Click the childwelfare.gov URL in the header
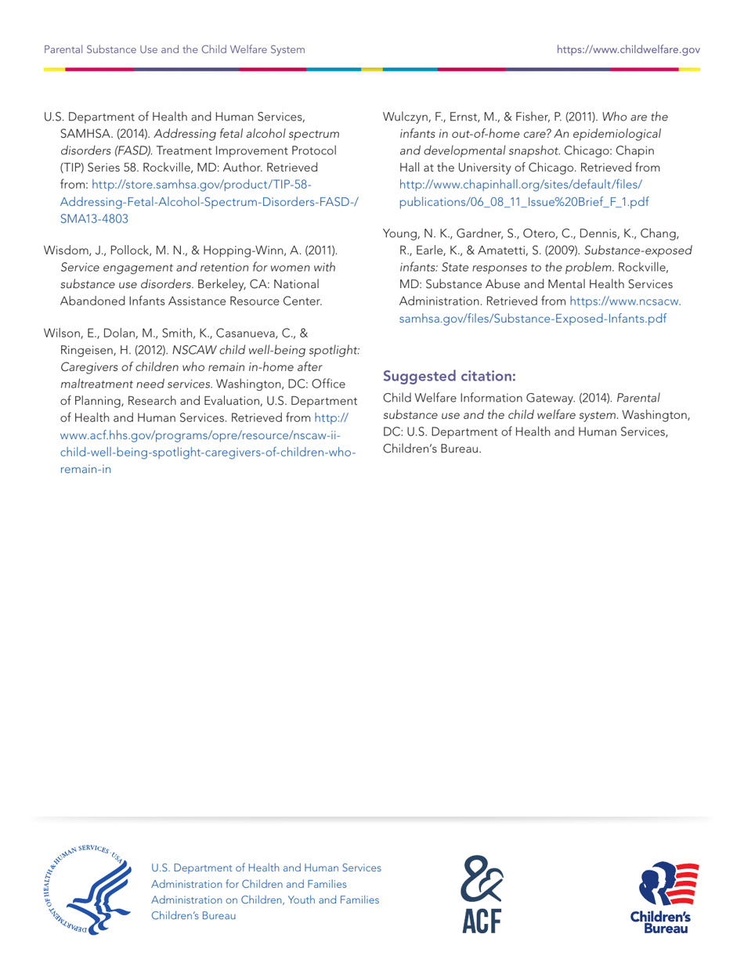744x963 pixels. click(x=627, y=49)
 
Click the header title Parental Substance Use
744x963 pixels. click(x=174, y=49)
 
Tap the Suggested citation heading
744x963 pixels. click(x=449, y=376)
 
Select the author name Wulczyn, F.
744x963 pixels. click(x=414, y=117)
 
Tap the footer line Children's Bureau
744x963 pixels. click(x=193, y=914)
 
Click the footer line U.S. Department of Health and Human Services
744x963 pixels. click(x=266, y=867)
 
